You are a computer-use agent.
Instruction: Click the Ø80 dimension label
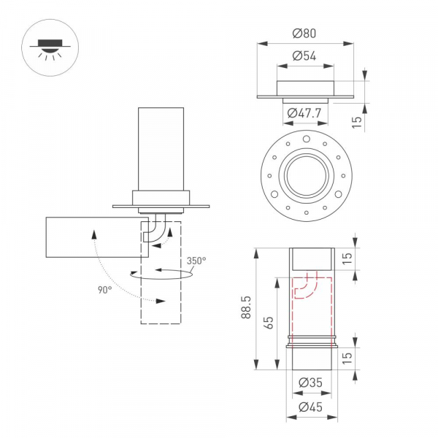point(304,34)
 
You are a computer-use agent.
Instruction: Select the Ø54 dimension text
point(304,55)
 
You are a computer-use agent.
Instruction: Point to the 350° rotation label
point(196,261)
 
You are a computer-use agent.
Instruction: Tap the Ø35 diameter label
point(312,383)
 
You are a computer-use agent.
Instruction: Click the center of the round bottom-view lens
point(304,175)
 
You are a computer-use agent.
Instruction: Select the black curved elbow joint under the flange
point(155,228)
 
